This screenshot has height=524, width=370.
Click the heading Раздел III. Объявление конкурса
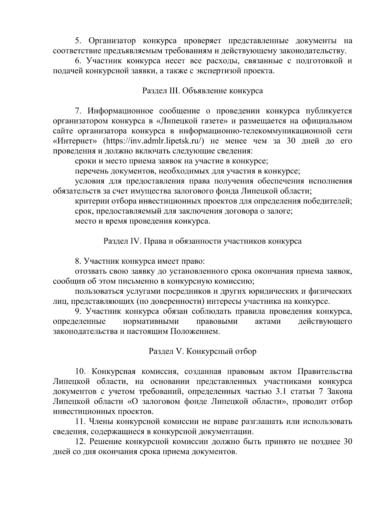click(x=202, y=91)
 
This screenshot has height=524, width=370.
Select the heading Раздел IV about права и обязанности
click(x=202, y=241)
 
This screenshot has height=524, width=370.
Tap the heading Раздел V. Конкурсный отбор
click(x=202, y=351)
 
